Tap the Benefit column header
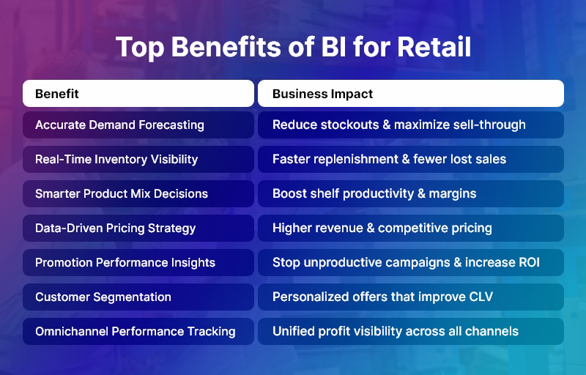(57, 94)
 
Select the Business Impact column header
(322, 94)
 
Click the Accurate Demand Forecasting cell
(119, 125)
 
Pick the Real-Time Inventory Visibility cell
(116, 159)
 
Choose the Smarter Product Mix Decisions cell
(122, 193)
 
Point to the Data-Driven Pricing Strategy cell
(115, 228)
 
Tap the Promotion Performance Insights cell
(125, 262)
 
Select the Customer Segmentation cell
(103, 297)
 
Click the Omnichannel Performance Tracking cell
(136, 331)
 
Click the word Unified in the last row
(294, 331)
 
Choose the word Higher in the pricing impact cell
(292, 228)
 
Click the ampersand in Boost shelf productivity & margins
(419, 193)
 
